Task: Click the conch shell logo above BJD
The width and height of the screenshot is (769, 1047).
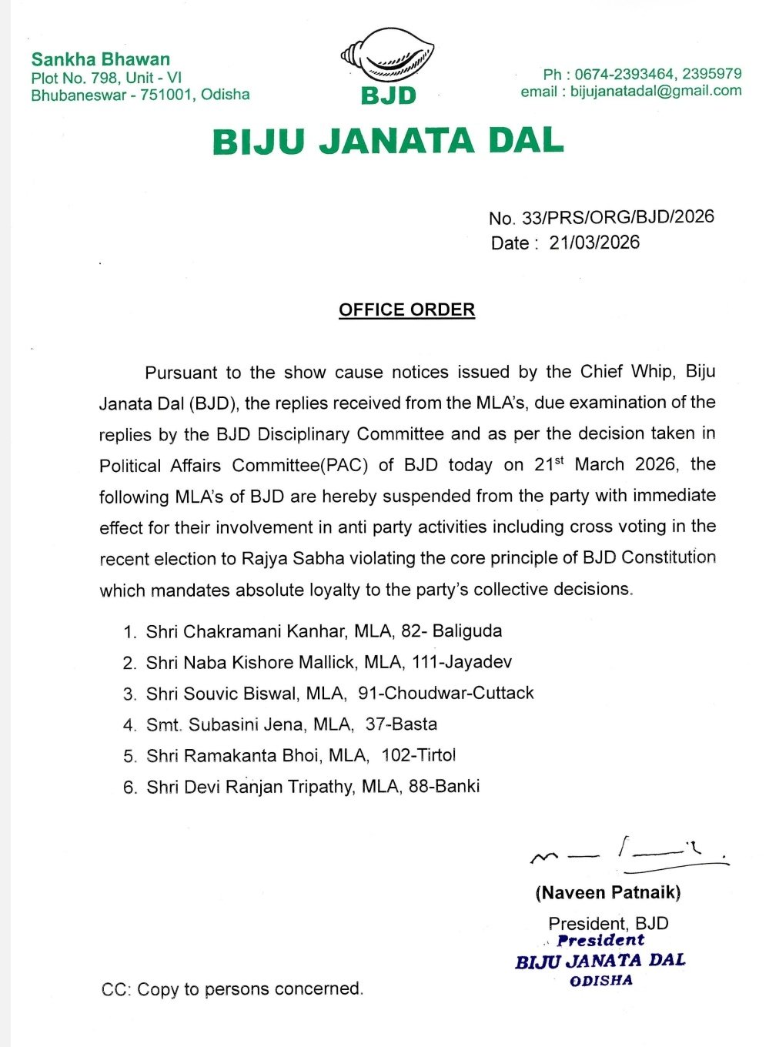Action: pos(387,56)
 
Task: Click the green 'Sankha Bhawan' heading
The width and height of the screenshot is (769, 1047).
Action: pos(100,59)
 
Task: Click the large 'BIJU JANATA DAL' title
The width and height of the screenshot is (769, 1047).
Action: pos(388,142)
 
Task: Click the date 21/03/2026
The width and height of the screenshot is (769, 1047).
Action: pos(594,243)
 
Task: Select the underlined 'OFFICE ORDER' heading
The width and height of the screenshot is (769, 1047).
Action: pos(406,310)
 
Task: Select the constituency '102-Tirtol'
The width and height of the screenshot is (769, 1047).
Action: pos(419,755)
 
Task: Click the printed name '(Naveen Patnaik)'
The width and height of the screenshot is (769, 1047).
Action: pos(608,892)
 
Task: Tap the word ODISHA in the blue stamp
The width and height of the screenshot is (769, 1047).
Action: pos(601,981)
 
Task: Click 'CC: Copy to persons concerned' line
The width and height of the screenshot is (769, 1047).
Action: pos(232,988)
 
